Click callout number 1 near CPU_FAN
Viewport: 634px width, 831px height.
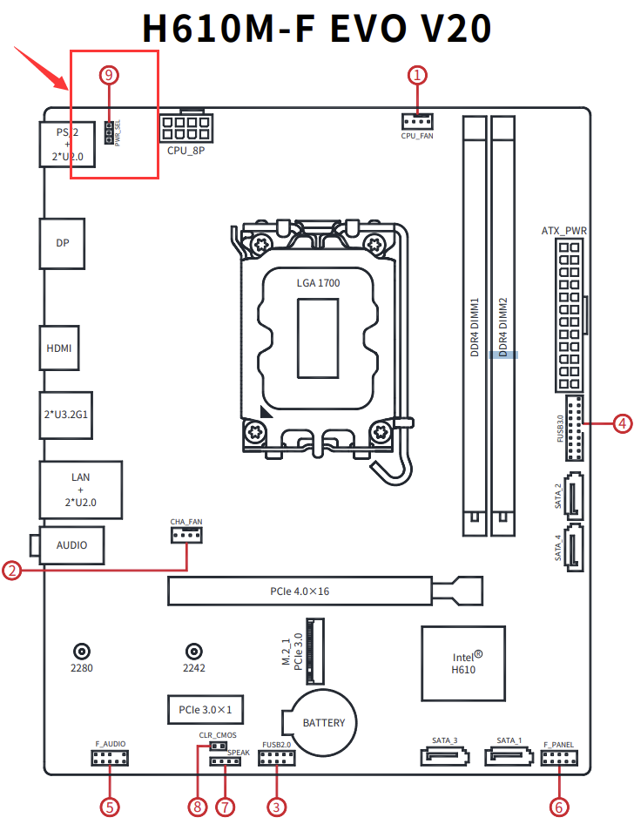(418, 75)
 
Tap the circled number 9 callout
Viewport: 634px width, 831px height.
(109, 75)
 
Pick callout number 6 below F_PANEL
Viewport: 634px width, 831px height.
(558, 807)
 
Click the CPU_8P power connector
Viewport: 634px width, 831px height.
(185, 126)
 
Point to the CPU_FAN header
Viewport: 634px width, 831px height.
(417, 120)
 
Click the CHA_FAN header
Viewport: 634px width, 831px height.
(185, 534)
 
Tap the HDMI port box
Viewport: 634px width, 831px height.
(59, 348)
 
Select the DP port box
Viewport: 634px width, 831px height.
(62, 243)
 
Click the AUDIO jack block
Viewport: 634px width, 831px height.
(71, 545)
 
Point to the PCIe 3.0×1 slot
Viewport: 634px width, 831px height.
(206, 709)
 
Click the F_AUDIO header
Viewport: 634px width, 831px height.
(110, 760)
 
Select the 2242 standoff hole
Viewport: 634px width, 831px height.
(194, 651)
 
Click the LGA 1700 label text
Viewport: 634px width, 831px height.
(318, 283)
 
